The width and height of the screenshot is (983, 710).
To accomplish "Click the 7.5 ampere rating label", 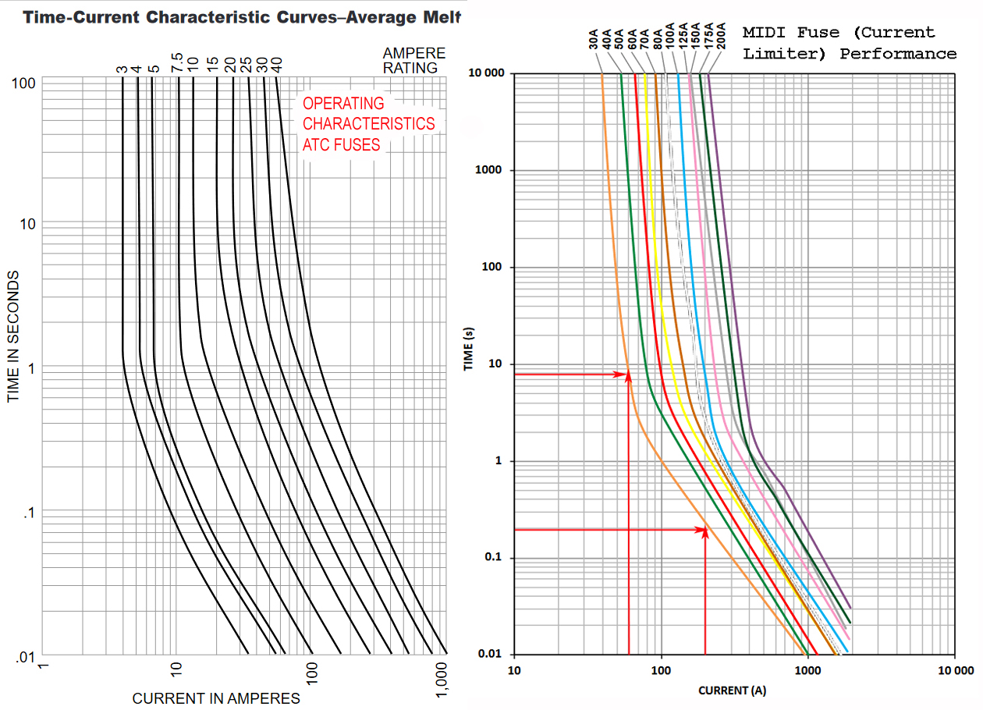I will click(176, 62).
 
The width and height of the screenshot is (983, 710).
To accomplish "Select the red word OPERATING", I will click(343, 103).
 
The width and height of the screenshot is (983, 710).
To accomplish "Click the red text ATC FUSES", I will click(341, 144).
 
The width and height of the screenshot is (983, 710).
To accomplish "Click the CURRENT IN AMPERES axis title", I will click(216, 698).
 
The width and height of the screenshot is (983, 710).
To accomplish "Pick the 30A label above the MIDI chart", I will click(594, 39).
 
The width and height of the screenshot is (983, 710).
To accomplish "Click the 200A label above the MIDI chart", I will click(720, 36).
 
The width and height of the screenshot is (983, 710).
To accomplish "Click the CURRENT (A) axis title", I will click(733, 690).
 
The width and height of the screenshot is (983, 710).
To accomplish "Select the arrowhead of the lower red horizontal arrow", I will click(704, 531).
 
